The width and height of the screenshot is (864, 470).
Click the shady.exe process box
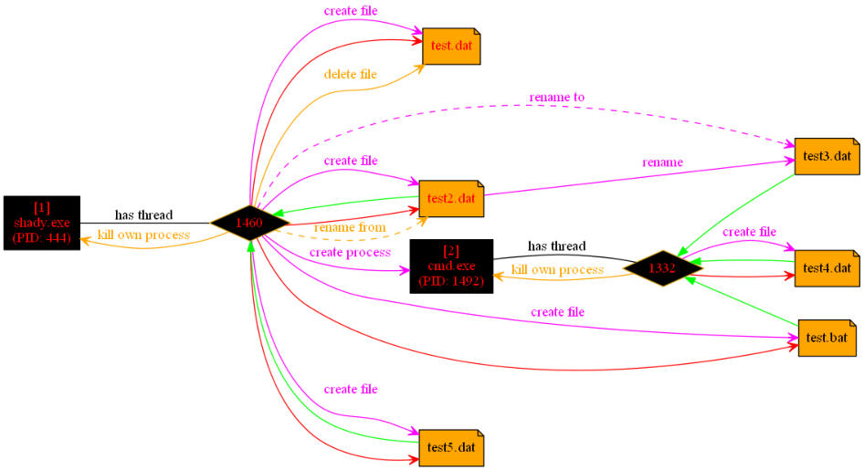pyautogui.click(x=41, y=222)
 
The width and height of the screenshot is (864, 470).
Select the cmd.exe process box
pyautogui.click(x=451, y=266)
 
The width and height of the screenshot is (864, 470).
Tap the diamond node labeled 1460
pyautogui.click(x=249, y=222)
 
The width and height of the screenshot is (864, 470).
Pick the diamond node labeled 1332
pyautogui.click(x=662, y=267)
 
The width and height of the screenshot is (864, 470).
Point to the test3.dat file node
pyautogui.click(x=827, y=156)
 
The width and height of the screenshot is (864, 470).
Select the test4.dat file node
pyautogui.click(x=827, y=267)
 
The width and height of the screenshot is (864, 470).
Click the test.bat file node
pyautogui.click(x=827, y=338)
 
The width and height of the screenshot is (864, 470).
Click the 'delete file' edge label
pyautogui.click(x=351, y=73)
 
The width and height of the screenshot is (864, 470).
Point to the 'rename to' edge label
pyautogui.click(x=556, y=97)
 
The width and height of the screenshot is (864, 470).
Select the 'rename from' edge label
pyautogui.click(x=350, y=227)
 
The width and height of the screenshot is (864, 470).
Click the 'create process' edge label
pyautogui.click(x=350, y=251)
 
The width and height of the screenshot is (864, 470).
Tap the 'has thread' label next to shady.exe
pyautogui.click(x=143, y=215)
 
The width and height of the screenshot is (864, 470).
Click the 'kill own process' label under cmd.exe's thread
pyautogui.click(x=557, y=270)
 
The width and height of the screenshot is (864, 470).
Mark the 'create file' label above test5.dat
pyautogui.click(x=350, y=390)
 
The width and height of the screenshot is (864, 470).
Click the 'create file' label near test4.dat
pyautogui.click(x=749, y=232)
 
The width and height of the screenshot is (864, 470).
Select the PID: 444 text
pyautogui.click(x=41, y=237)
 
